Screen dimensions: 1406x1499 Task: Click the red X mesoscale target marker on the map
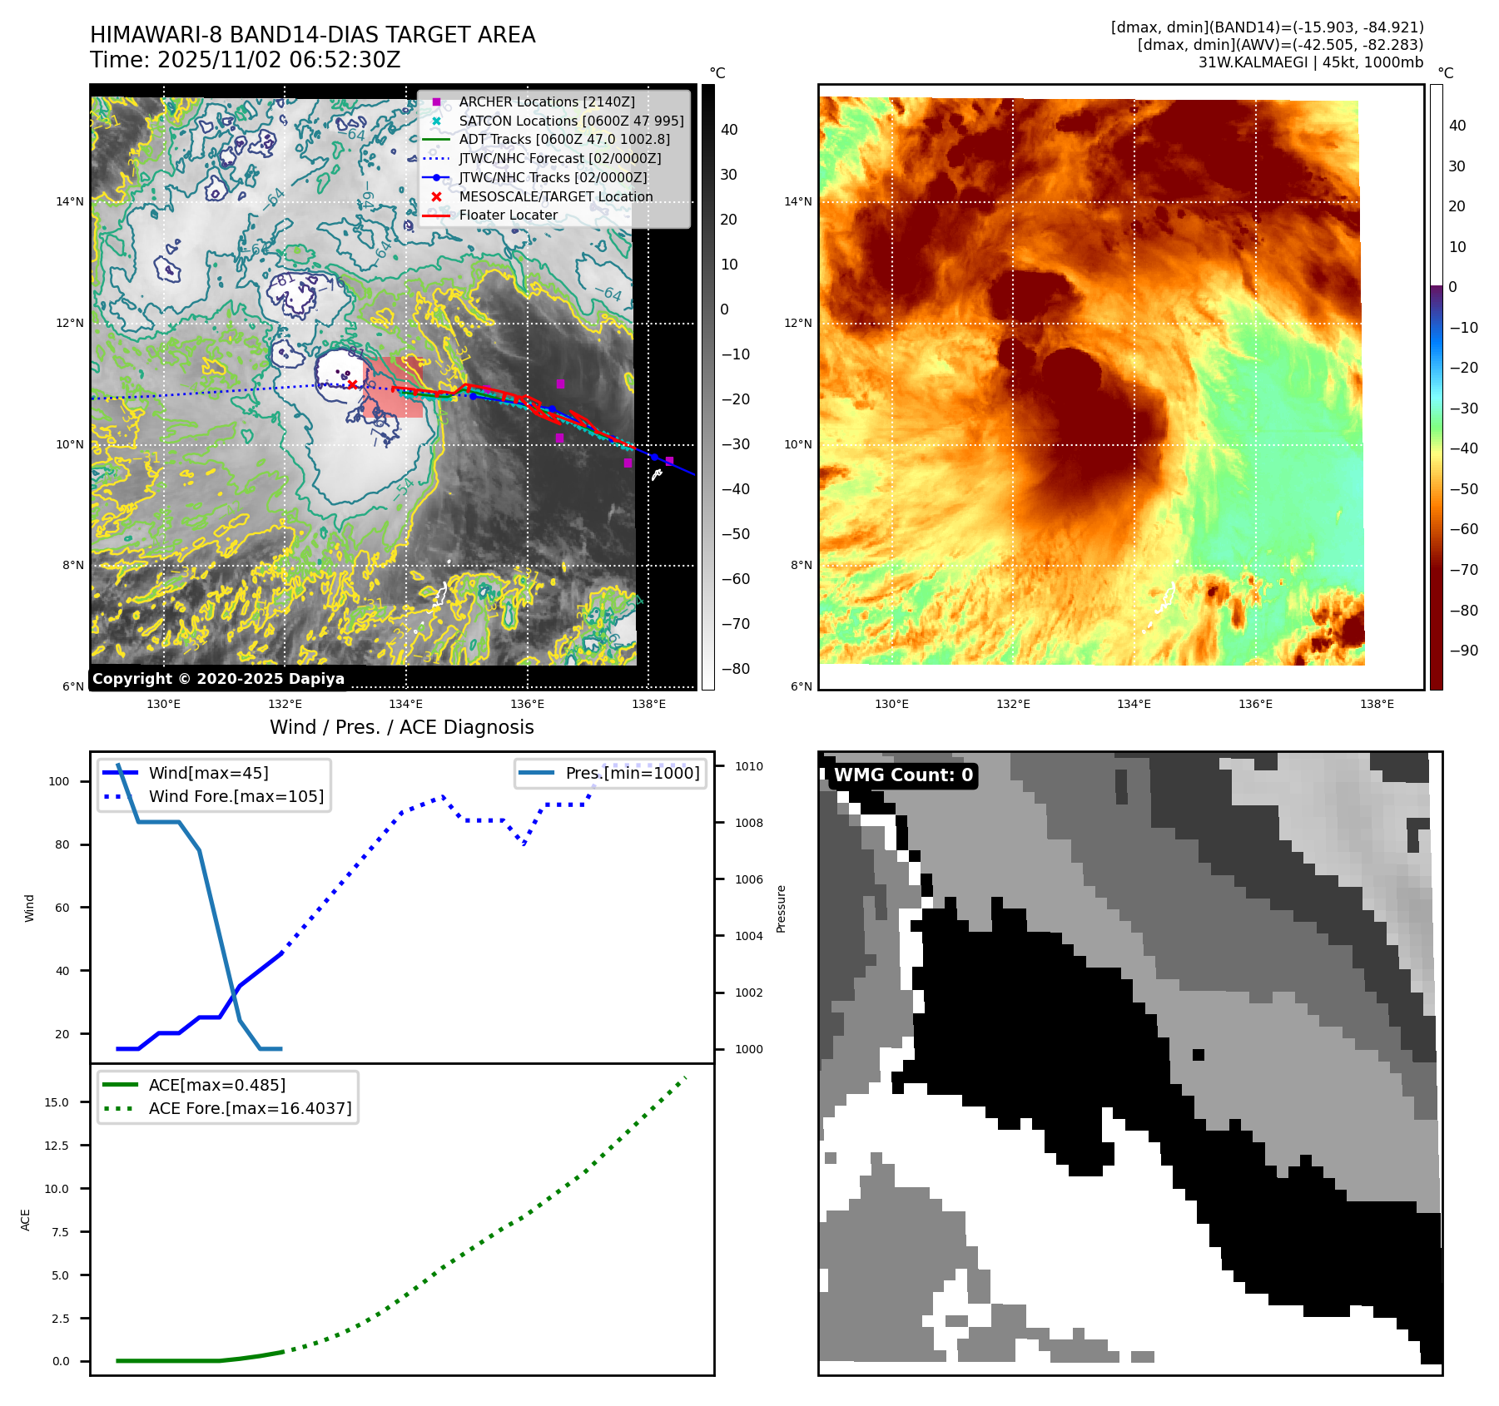pyautogui.click(x=352, y=384)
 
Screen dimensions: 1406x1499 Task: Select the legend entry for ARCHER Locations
pyautogui.click(x=546, y=101)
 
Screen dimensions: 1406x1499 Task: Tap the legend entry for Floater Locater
pyautogui.click(x=508, y=215)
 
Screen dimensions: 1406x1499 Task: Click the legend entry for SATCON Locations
pyautogui.click(x=571, y=121)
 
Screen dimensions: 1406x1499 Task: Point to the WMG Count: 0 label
pyautogui.click(x=903, y=775)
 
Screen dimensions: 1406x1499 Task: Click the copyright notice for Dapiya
pyautogui.click(x=218, y=678)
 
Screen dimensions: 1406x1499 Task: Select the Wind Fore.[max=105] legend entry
pyautogui.click(x=236, y=796)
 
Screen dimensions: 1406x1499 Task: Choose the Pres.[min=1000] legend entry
pyautogui.click(x=633, y=773)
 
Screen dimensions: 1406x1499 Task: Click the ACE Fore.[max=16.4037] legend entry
pyautogui.click(x=250, y=1108)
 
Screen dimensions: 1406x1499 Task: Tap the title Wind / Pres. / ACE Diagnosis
pyautogui.click(x=402, y=727)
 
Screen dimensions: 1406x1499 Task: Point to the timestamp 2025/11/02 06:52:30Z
pyautogui.click(x=279, y=60)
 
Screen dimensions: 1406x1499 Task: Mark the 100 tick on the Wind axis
pyautogui.click(x=59, y=781)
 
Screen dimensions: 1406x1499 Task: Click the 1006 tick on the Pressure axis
pyautogui.click(x=748, y=879)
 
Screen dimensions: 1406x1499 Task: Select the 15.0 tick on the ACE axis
pyautogui.click(x=57, y=1102)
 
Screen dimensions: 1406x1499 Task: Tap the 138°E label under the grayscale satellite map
pyautogui.click(x=648, y=704)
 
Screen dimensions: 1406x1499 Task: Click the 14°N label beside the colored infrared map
pyautogui.click(x=797, y=201)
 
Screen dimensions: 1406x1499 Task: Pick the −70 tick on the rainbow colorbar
pyautogui.click(x=1463, y=570)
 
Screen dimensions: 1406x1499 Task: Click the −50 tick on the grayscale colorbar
pyautogui.click(x=735, y=534)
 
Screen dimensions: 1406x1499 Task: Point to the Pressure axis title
pyautogui.click(x=781, y=908)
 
